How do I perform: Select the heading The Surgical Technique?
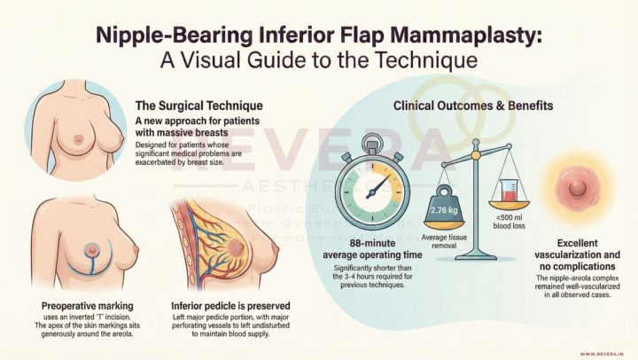click(198, 105)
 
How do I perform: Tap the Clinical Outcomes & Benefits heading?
click(473, 106)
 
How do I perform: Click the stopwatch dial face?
click(372, 187)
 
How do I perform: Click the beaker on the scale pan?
click(508, 189)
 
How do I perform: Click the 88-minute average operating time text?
click(372, 251)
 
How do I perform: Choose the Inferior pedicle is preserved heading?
click(230, 307)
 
